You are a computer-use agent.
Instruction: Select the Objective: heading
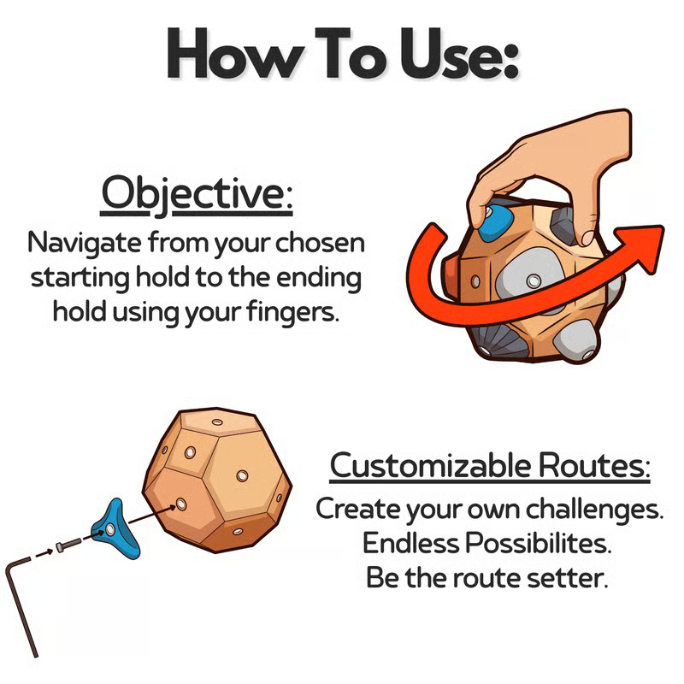coord(197,195)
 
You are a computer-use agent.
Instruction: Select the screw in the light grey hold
coord(534,280)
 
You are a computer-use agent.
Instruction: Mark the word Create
coord(354,509)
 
